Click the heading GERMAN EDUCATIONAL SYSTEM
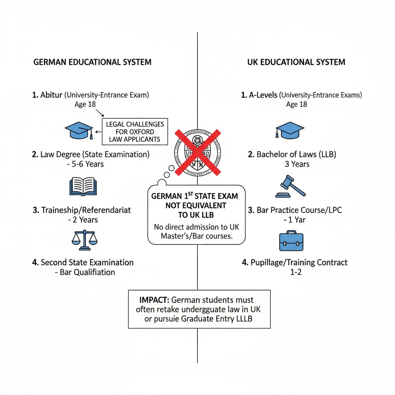[x=92, y=62]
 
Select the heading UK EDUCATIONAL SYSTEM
[x=296, y=62]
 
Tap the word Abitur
[x=51, y=95]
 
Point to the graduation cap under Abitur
[x=79, y=130]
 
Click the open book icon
[x=83, y=186]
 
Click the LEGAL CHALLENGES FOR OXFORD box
[x=135, y=132]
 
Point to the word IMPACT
[x=154, y=300]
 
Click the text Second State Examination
[x=87, y=263]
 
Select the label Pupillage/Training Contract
[x=299, y=263]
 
